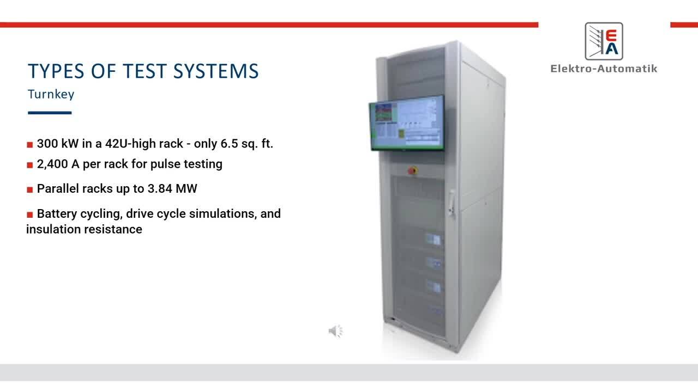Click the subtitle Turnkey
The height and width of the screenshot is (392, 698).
pyautogui.click(x=51, y=94)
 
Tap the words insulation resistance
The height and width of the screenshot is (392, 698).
pyautogui.click(x=84, y=229)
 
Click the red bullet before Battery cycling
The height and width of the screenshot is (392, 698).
pyautogui.click(x=30, y=215)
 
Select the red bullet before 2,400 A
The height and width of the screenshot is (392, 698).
pyautogui.click(x=30, y=165)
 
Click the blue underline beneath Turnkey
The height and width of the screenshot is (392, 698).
pyautogui.click(x=50, y=113)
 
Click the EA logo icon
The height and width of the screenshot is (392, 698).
pyautogui.click(x=604, y=42)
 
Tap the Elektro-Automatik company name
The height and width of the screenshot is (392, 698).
pyautogui.click(x=604, y=69)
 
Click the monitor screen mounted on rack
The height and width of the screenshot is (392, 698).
pyautogui.click(x=407, y=124)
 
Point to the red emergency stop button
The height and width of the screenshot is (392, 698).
pyautogui.click(x=412, y=170)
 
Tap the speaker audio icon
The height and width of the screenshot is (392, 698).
pyautogui.click(x=335, y=331)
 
